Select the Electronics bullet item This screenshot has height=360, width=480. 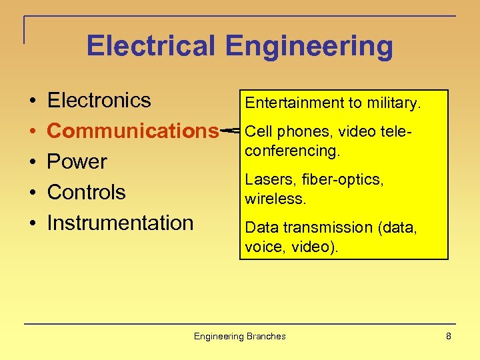[99, 101]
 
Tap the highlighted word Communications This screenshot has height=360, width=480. [133, 131]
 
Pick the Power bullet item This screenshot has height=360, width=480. [77, 161]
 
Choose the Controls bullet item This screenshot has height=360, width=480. [86, 192]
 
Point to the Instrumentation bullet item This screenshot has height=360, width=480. [120, 223]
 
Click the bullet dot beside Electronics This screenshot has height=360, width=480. [32, 101]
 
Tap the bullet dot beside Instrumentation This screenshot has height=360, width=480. [32, 223]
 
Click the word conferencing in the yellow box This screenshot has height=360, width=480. [292, 151]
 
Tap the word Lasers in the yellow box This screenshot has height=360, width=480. [263, 179]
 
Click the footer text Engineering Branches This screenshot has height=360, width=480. [239, 336]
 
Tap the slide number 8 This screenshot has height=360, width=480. [449, 336]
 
